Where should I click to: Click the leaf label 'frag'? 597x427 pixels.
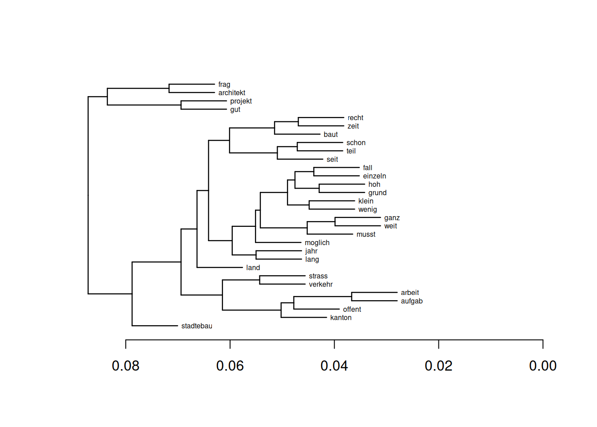tap(224, 85)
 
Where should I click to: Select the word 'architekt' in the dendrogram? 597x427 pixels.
tap(231, 93)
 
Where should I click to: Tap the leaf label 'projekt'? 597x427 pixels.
tap(241, 101)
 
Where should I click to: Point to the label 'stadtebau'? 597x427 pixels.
tap(196, 326)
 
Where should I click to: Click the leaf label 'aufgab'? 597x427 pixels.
tap(411, 301)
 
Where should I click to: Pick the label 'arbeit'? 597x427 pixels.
tap(410, 293)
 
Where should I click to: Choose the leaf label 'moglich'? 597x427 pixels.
tap(317, 243)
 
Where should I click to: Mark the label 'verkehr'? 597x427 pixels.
tap(321, 285)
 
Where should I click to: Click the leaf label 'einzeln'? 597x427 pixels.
tap(374, 176)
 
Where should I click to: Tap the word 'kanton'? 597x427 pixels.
tap(341, 318)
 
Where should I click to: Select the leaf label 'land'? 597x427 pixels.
tap(253, 268)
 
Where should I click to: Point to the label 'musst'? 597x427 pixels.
tap(366, 234)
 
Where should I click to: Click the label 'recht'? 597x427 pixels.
tap(355, 118)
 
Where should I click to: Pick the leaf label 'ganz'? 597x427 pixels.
tap(392, 218)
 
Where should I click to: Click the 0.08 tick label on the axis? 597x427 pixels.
tap(126, 366)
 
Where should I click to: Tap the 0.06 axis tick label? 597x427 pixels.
tap(230, 366)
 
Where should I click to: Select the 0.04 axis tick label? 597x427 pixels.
tap(334, 366)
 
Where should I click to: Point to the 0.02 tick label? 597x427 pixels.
tap(438, 366)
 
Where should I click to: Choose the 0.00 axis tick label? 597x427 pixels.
tap(542, 366)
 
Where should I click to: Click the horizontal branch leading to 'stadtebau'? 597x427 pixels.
tap(155, 326)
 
